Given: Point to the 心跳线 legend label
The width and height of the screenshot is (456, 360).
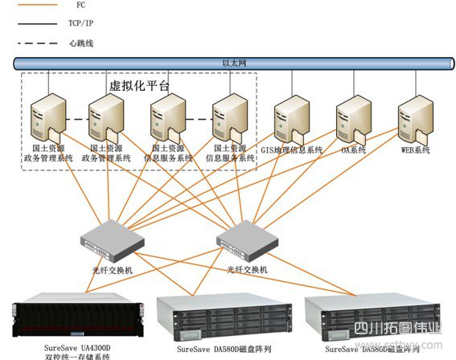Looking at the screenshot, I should click(83, 43).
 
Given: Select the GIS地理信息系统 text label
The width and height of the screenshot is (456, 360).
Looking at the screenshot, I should click(292, 149).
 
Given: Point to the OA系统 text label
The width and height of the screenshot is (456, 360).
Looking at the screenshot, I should click(353, 149).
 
